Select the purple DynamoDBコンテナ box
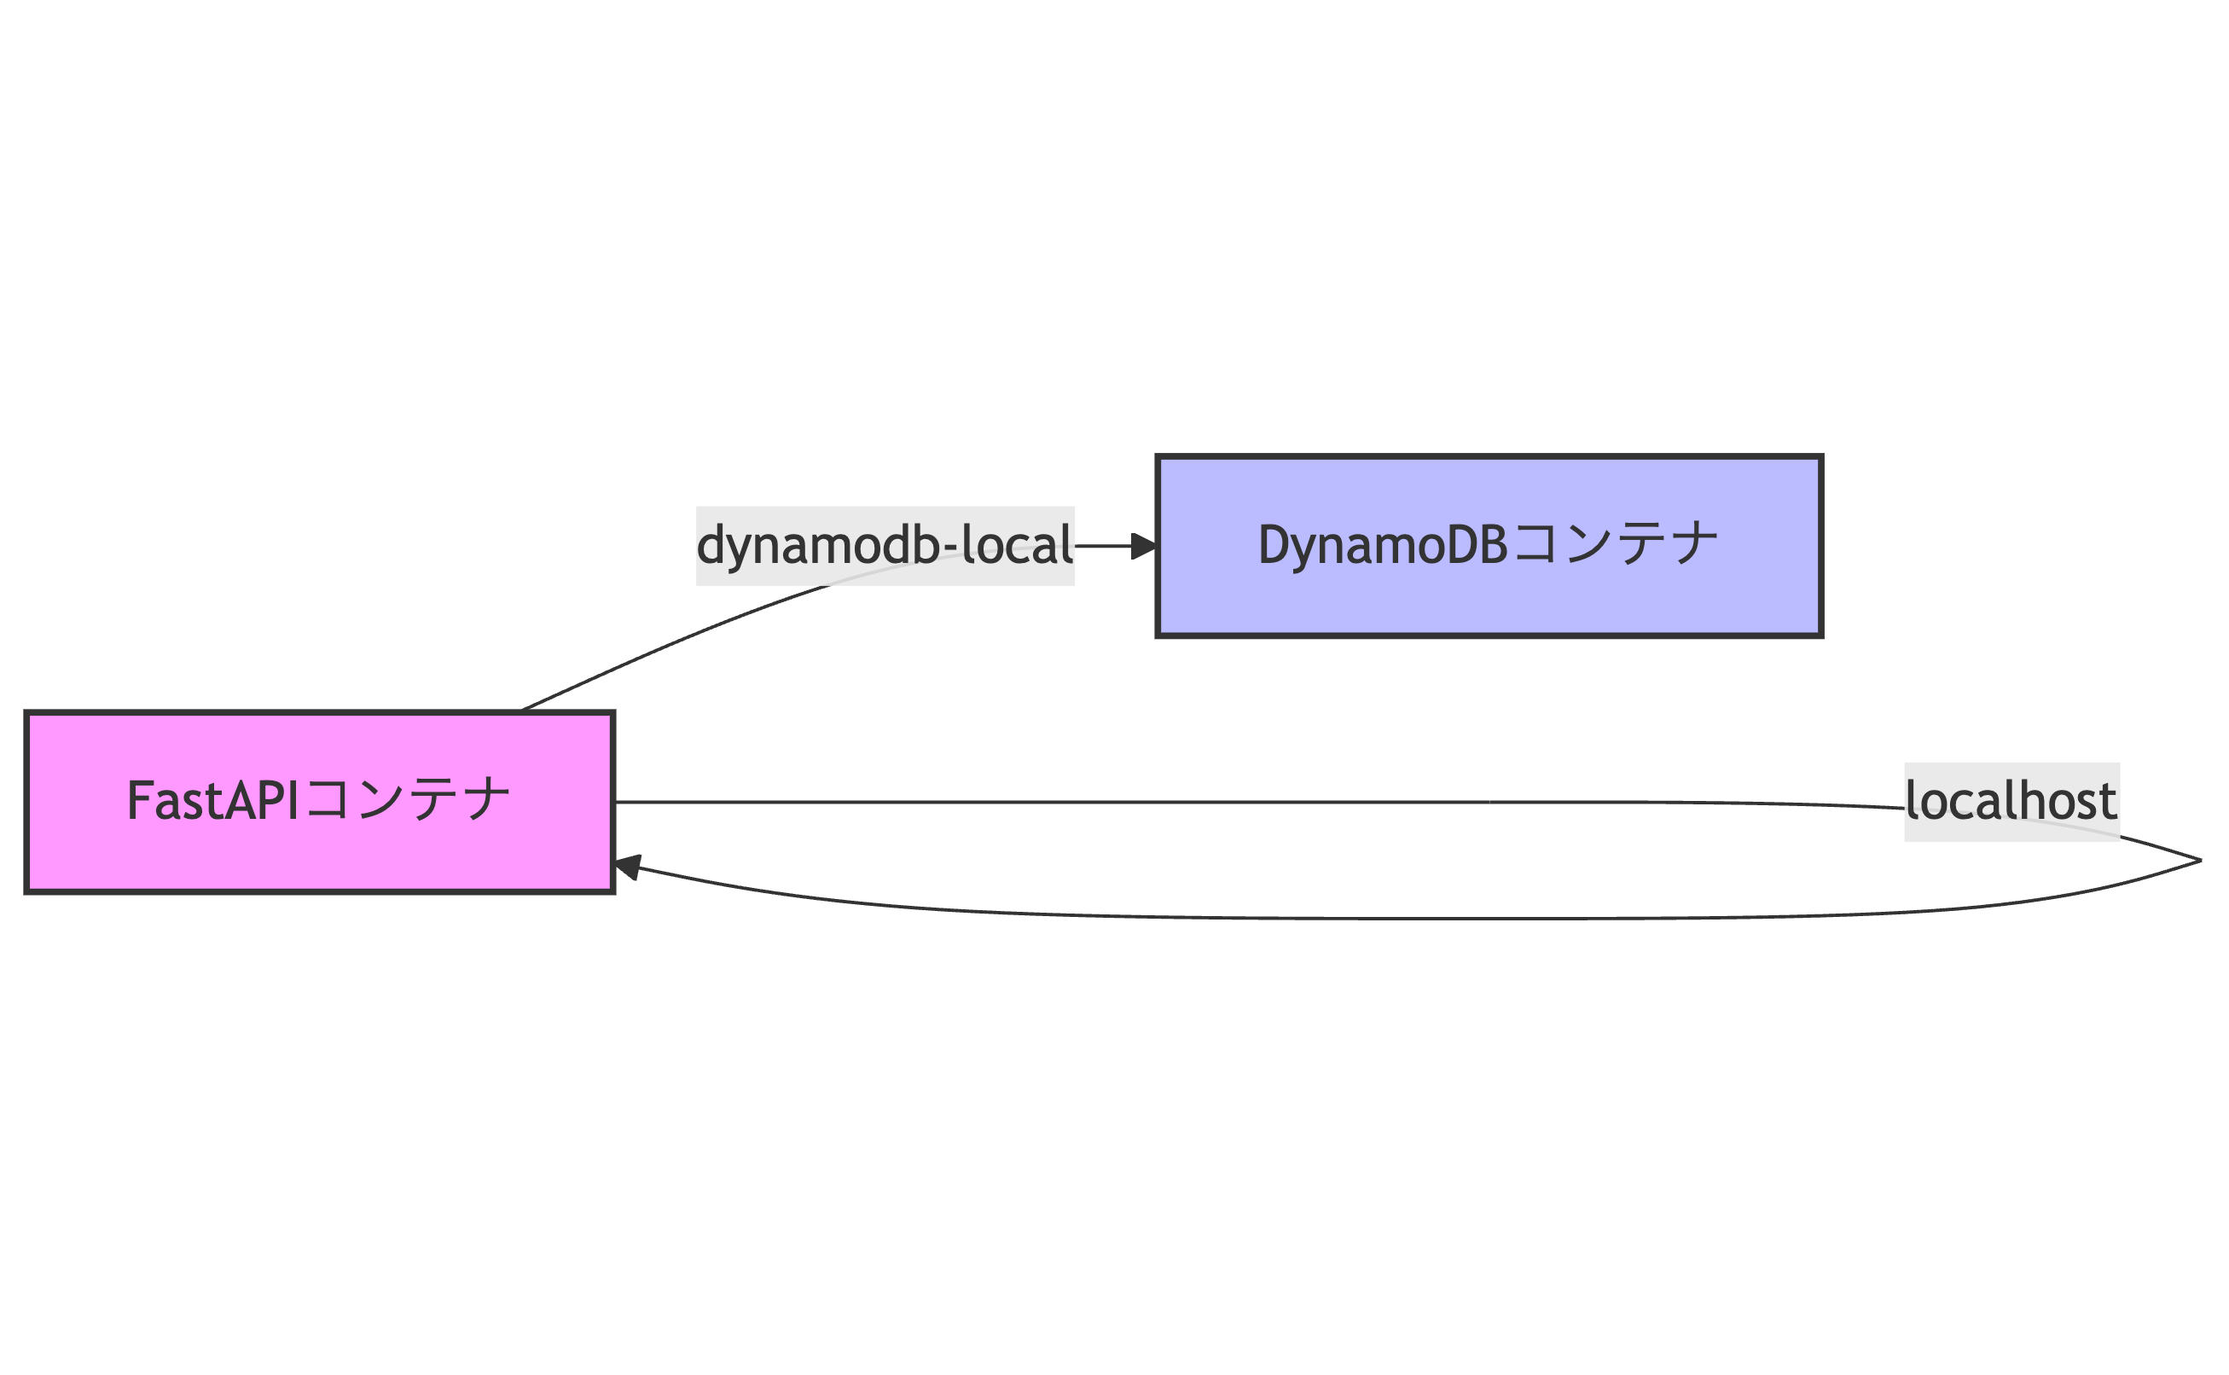[1489, 546]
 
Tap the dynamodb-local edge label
[884, 546]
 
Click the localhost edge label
[2011, 801]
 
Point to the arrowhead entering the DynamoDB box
[1143, 546]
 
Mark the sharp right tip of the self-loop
[2199, 861]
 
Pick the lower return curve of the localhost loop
[1364, 919]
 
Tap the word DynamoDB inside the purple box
[1382, 546]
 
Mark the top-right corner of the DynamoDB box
[1820, 457]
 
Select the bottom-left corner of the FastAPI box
[27, 891]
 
